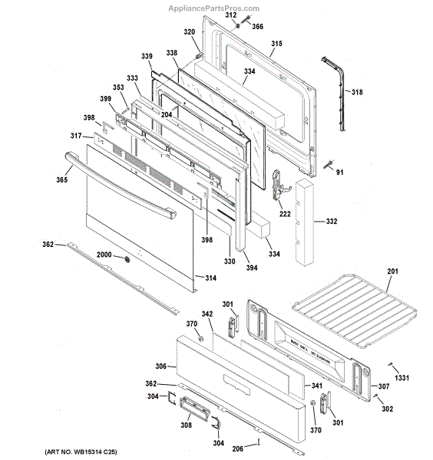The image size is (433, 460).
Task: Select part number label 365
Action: click(62, 179)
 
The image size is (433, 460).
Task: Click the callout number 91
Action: click(340, 172)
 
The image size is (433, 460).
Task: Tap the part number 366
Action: click(257, 27)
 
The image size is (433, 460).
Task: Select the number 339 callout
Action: click(147, 56)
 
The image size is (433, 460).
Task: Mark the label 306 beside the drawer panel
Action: click(160, 367)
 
